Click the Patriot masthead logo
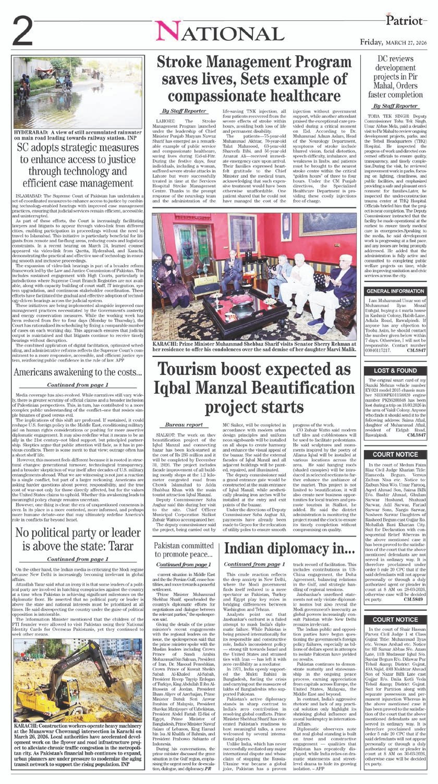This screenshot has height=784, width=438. (405, 20)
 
